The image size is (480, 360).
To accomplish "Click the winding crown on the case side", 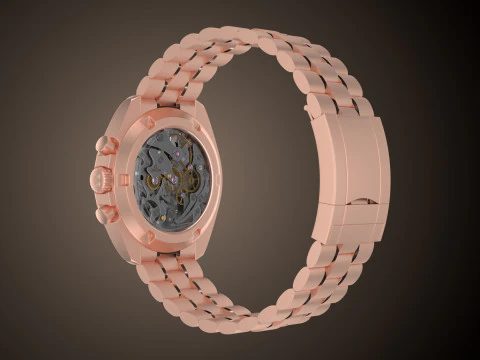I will tap(100, 179).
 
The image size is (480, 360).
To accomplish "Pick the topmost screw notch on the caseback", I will tap(150, 122).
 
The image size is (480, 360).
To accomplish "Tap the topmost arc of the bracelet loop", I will tap(270, 40).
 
